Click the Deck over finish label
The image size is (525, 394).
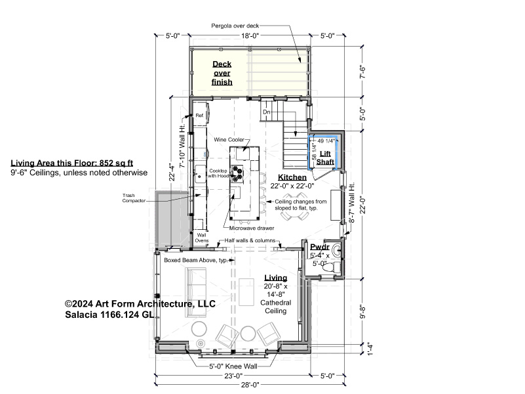(222, 73)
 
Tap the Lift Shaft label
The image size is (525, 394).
(325, 158)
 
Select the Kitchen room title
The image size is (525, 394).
(292, 177)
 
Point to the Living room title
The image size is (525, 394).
(275, 278)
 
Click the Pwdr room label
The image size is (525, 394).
(320, 247)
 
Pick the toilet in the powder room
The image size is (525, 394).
(331, 267)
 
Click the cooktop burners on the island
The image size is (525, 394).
(237, 173)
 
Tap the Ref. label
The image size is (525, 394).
(200, 116)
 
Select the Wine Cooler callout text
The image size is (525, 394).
(229, 139)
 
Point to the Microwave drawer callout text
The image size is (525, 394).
(252, 228)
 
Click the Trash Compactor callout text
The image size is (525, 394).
(134, 198)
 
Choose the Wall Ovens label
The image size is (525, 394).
(202, 238)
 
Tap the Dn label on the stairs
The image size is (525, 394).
(267, 112)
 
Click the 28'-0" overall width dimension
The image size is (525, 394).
(250, 385)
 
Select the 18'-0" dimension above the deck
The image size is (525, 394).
(250, 35)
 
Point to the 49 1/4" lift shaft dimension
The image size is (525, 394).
(326, 141)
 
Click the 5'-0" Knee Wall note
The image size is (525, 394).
(233, 366)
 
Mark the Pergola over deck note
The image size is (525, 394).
(235, 26)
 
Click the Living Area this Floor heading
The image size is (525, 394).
(72, 163)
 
